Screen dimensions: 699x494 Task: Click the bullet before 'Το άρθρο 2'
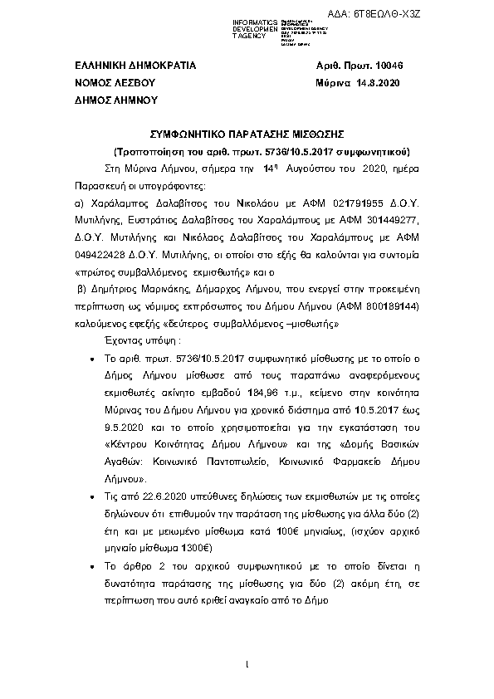point(90,566)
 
